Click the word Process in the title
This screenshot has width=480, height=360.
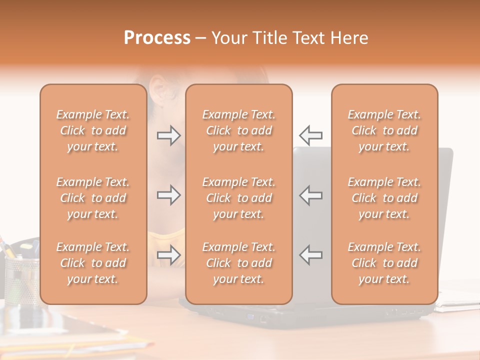157,38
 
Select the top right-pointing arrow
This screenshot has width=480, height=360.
168,135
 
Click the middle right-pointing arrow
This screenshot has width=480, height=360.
168,195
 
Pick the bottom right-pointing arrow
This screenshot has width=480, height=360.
168,255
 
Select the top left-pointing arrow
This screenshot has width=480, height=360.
311,135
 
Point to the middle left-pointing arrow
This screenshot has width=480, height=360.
311,195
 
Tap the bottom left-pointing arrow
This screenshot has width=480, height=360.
311,255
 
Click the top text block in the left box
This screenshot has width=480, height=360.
93,130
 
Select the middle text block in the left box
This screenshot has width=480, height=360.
93,198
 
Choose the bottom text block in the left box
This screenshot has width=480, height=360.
93,263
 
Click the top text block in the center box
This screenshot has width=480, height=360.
238,130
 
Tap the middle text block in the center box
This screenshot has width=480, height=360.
238,198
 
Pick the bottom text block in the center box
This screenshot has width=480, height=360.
238,263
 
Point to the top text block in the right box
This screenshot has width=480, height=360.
384,130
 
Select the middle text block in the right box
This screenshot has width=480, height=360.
384,198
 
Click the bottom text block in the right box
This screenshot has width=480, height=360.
384,263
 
